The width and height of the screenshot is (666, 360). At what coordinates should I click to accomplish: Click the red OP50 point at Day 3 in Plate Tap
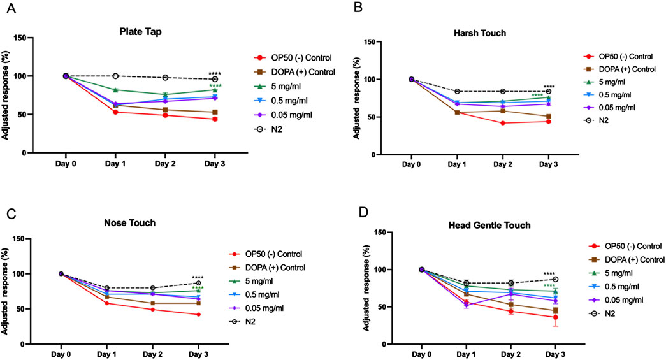pos(215,119)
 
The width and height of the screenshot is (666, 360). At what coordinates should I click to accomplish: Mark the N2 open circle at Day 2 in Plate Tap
pos(165,78)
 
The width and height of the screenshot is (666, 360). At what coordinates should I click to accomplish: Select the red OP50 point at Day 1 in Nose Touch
pos(115,303)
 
